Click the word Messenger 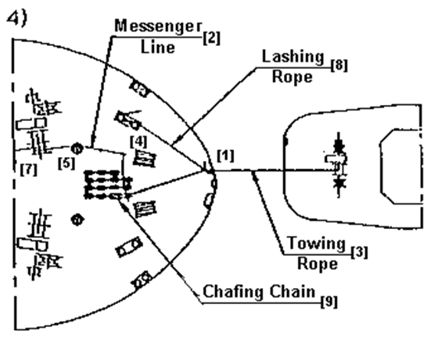(158, 27)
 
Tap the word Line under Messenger (158, 47)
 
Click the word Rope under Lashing (292, 77)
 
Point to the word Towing (316, 244)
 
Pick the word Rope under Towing (318, 263)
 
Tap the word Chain (292, 291)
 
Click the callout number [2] (211, 38)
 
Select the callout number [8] (339, 66)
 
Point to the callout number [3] (359, 253)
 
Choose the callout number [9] (329, 302)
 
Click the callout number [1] (226, 155)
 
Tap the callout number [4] (139, 142)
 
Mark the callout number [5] (67, 163)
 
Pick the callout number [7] (29, 170)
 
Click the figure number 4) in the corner (18, 18)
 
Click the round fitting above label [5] (77, 149)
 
